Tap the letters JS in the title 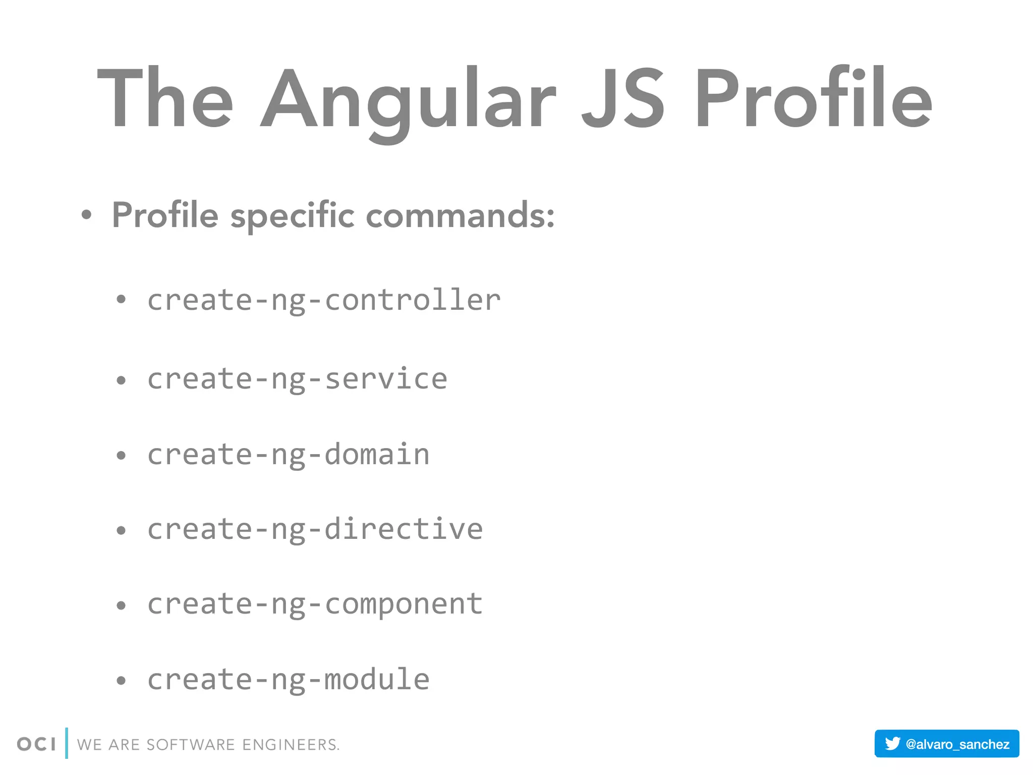pyautogui.click(x=623, y=98)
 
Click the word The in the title pyautogui.click(x=165, y=98)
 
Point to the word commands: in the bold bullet pyautogui.click(x=460, y=215)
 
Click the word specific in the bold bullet pyautogui.click(x=293, y=216)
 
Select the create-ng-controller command pyautogui.click(x=324, y=300)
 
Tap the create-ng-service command pyautogui.click(x=297, y=379)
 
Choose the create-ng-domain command pyautogui.click(x=289, y=455)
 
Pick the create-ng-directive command pyautogui.click(x=315, y=529)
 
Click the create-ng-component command pyautogui.click(x=315, y=604)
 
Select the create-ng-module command pyautogui.click(x=289, y=680)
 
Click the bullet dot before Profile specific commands pyautogui.click(x=87, y=215)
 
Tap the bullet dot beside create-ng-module pyautogui.click(x=121, y=681)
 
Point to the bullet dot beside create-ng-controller pyautogui.click(x=121, y=300)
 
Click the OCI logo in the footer pyautogui.click(x=36, y=744)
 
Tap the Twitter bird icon pyautogui.click(x=892, y=744)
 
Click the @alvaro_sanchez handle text pyautogui.click(x=957, y=744)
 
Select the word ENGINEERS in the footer pyautogui.click(x=291, y=745)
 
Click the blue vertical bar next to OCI pyautogui.click(x=67, y=743)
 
